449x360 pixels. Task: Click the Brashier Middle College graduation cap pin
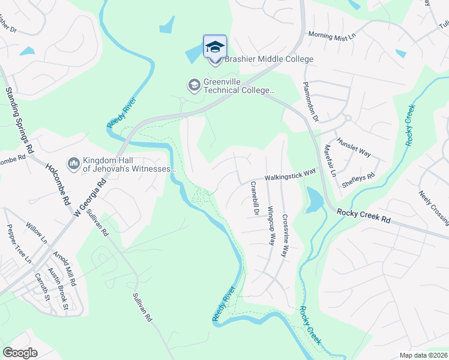pos(215,47)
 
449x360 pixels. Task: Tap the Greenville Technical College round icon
pos(194,85)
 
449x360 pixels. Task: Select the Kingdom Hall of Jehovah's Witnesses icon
pos(74,163)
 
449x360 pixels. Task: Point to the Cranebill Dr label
pos(254,199)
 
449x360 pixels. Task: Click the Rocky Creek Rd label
pos(363,216)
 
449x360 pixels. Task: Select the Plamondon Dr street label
pos(310,99)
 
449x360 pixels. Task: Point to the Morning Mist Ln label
pos(332,35)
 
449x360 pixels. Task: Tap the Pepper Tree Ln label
pos(19,244)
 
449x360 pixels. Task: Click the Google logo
pos(20,353)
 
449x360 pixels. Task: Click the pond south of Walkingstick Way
pos(313,200)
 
